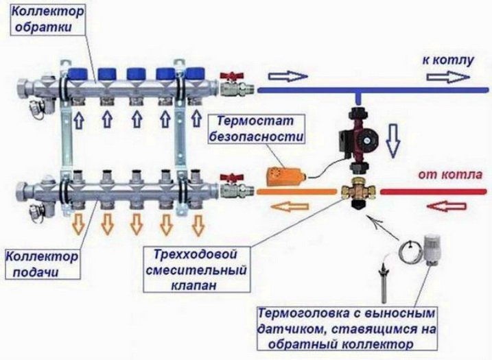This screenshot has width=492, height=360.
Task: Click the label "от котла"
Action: (448, 173)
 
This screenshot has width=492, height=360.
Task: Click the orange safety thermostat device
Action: (282, 176)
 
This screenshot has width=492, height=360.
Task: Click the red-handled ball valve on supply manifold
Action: (230, 185)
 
